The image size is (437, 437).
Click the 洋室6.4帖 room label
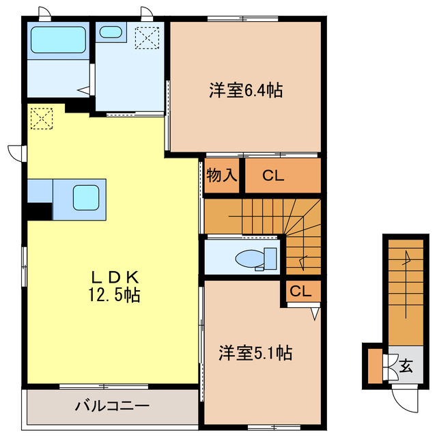point(246,89)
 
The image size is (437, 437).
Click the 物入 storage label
point(222,175)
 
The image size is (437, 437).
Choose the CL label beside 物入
point(273,175)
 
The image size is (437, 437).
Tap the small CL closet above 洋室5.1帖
point(300,292)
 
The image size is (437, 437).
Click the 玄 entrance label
point(406,366)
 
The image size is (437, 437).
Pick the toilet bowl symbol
point(251,257)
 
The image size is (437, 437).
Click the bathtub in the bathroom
point(59,42)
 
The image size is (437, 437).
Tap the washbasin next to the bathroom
point(109,31)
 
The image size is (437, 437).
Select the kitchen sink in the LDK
point(88,198)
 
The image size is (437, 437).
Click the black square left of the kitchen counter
point(40,212)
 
